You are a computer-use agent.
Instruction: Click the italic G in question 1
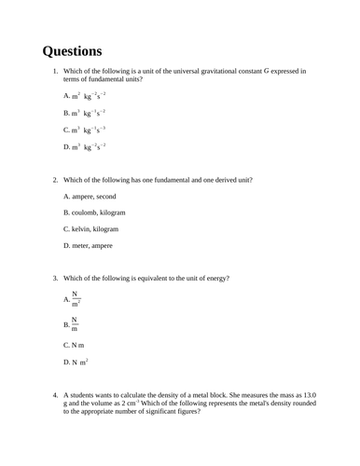click(267, 71)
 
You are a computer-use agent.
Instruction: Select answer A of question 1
click(85, 96)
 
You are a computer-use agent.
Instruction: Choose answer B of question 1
click(85, 113)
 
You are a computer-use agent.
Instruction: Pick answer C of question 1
click(85, 130)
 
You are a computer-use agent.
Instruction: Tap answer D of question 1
click(85, 146)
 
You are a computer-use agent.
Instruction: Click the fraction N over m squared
click(76, 299)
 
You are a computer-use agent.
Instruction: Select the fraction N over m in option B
click(75, 324)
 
